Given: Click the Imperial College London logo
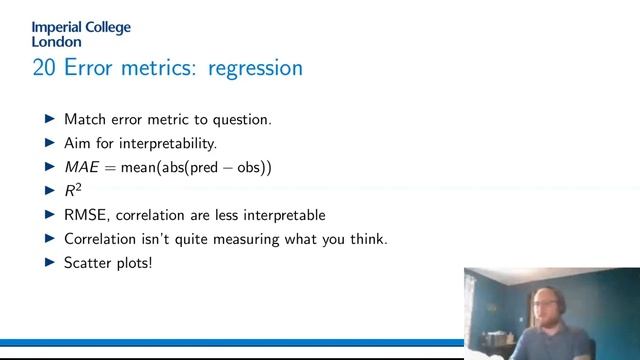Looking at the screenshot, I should pyautogui.click(x=81, y=35).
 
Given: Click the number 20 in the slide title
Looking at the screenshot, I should pyautogui.click(x=44, y=68).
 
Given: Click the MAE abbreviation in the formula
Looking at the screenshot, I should pyautogui.click(x=83, y=167).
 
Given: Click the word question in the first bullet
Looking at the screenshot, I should pyautogui.click(x=241, y=119).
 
